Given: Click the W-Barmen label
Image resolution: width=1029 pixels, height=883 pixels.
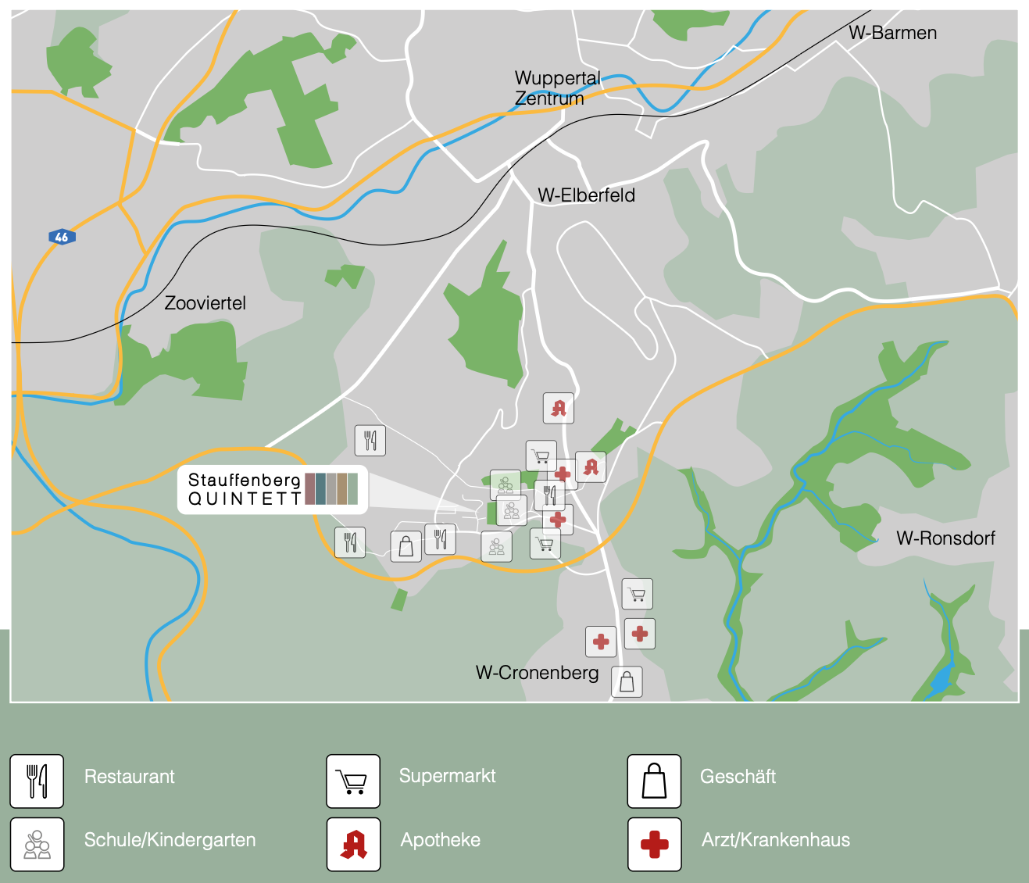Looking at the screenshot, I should (892, 33).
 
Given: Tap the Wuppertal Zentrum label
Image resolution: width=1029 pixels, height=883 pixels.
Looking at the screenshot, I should (556, 88).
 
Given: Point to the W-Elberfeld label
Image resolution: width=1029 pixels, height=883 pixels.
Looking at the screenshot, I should (586, 195).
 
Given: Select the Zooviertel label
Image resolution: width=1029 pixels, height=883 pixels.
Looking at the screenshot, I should (205, 303).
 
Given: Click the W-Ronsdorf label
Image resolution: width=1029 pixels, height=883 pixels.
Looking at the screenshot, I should (945, 538).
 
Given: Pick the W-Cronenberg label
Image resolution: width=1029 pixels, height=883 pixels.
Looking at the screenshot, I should (537, 673).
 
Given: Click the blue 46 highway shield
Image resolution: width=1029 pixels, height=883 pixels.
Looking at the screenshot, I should (62, 237).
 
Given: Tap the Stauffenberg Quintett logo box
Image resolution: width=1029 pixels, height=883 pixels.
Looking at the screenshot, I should (272, 490).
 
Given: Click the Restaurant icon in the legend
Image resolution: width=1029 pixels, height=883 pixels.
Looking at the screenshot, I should (37, 781).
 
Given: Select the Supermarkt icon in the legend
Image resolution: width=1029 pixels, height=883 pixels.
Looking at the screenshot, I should (353, 781).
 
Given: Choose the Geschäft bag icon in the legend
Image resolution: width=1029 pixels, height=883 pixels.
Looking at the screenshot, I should (654, 781).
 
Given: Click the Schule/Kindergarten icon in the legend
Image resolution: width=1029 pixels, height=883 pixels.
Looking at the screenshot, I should (37, 844).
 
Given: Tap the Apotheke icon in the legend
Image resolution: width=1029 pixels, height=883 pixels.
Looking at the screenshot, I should (353, 844).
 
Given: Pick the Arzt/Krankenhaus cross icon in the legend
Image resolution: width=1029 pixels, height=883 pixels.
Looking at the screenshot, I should (654, 844).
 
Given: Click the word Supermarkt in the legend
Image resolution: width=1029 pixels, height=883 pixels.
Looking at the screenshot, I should (447, 776).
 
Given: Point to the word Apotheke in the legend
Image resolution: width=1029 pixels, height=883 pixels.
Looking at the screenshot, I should (440, 840).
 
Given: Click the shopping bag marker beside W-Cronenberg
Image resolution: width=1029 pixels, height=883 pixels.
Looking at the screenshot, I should (627, 681).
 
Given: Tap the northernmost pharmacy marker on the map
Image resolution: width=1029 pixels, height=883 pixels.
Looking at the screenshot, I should (559, 408).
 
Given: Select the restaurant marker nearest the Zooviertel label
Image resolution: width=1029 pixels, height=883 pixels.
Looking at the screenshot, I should (370, 441).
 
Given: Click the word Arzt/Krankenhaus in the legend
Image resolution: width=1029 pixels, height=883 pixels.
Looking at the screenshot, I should (775, 840).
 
